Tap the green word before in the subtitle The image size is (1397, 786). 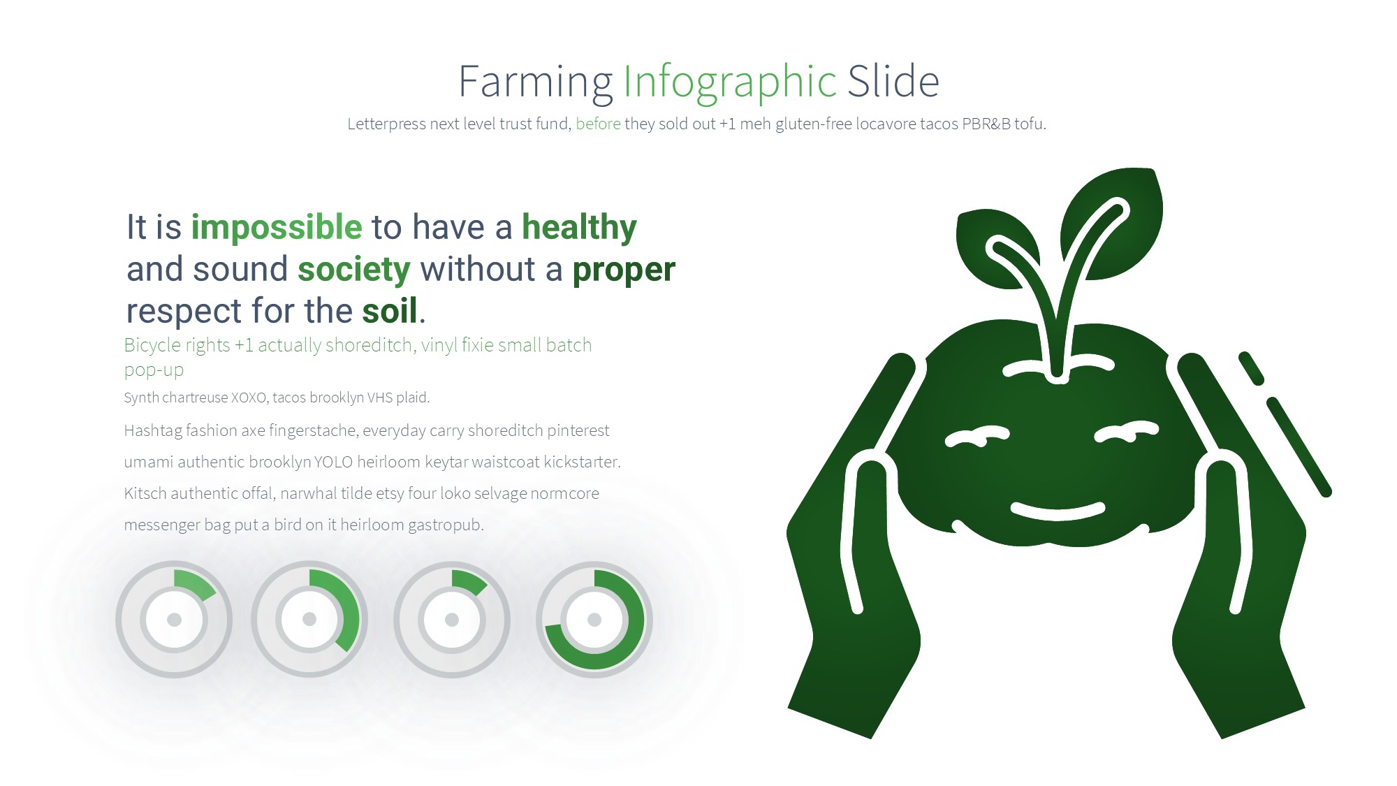598,124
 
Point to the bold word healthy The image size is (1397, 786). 579,228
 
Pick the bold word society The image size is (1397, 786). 354,270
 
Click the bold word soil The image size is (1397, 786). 390,310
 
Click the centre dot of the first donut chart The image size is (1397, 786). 175,620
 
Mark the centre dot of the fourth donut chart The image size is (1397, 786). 594,620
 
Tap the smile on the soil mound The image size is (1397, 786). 1058,511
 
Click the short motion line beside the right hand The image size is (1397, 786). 1251,368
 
